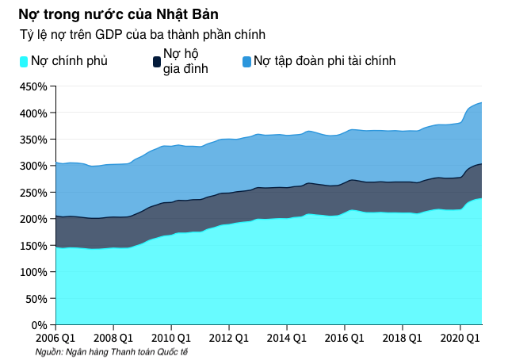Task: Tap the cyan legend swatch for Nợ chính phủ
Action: tap(24, 61)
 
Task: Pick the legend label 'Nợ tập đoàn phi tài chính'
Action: tap(324, 61)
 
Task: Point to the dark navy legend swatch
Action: tap(156, 61)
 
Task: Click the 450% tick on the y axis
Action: tap(33, 86)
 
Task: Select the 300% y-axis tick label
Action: tap(33, 166)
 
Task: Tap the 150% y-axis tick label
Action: tap(33, 245)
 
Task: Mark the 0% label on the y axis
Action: tap(40, 324)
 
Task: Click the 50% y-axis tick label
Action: tap(36, 298)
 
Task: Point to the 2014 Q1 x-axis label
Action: tap(286, 338)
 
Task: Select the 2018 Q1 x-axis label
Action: tap(402, 338)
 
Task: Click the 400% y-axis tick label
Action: tap(33, 113)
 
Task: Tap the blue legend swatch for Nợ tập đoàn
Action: tap(246, 61)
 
